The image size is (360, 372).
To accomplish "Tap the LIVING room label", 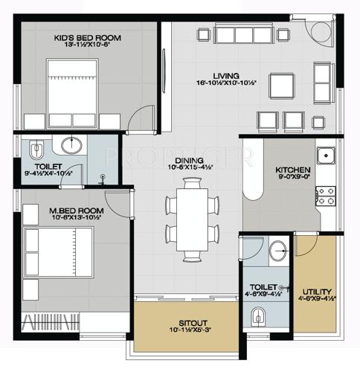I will (x=224, y=75).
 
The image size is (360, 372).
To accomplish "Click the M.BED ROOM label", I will (x=57, y=211).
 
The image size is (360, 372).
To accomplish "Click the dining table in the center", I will (x=192, y=220).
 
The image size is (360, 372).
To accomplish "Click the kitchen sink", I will (x=326, y=156).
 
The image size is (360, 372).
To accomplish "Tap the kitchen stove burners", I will (x=326, y=195).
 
